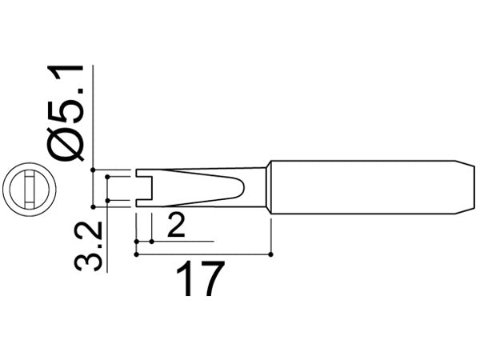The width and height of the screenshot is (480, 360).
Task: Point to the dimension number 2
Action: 177,228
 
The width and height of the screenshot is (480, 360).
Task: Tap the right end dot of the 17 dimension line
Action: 273,255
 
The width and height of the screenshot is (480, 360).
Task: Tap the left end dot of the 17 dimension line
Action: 137,255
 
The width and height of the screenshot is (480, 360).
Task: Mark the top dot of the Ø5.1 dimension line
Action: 94,170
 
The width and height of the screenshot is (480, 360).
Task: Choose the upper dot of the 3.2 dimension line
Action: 108,179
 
